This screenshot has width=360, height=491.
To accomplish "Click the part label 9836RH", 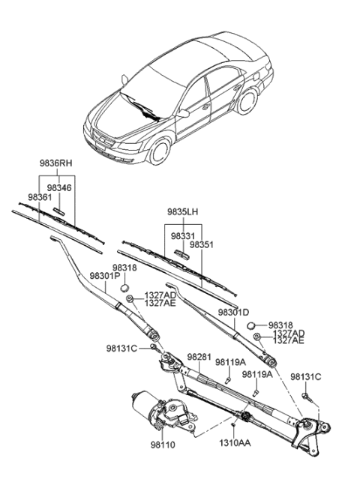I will coord(55,162).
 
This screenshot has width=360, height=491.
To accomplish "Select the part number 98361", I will coord(40,197).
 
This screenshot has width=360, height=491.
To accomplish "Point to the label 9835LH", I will coord(183,211).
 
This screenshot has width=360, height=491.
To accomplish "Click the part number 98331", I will coord(181,235).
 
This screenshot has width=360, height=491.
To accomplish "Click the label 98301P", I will coord(103,276).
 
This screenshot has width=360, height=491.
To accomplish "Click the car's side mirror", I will coord(183,113).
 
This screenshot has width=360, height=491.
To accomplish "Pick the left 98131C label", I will coord(121,348).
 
